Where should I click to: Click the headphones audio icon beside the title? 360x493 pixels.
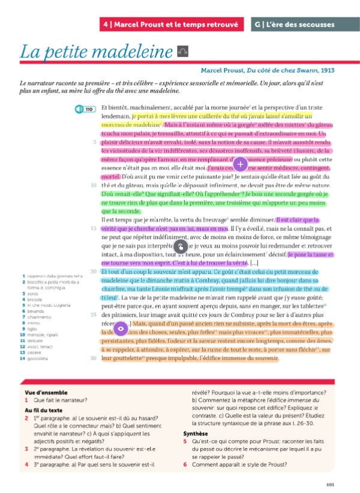click(184, 52)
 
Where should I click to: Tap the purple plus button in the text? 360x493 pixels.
click(239, 163)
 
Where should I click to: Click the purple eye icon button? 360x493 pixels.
click(120, 328)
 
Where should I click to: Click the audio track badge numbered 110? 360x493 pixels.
click(86, 110)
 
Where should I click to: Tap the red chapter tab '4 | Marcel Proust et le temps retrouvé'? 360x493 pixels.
click(172, 25)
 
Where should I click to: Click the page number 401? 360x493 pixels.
click(329, 485)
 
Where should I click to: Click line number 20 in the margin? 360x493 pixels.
click(93, 272)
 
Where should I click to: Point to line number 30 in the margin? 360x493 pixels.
click(93, 358)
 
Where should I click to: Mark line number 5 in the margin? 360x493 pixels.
click(95, 142)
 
